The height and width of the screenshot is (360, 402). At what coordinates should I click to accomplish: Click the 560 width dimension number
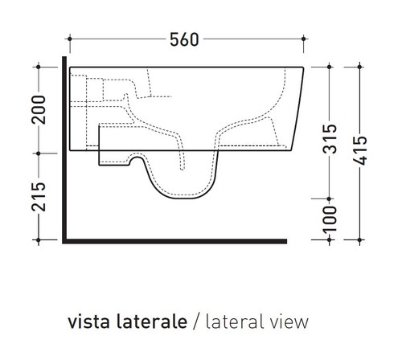186,39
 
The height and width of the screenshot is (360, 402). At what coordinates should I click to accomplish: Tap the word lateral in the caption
236,322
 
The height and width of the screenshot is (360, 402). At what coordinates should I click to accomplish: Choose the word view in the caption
290,322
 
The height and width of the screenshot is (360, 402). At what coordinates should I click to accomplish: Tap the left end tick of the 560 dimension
71,39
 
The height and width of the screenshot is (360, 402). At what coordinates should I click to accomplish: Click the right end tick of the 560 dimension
304,39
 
